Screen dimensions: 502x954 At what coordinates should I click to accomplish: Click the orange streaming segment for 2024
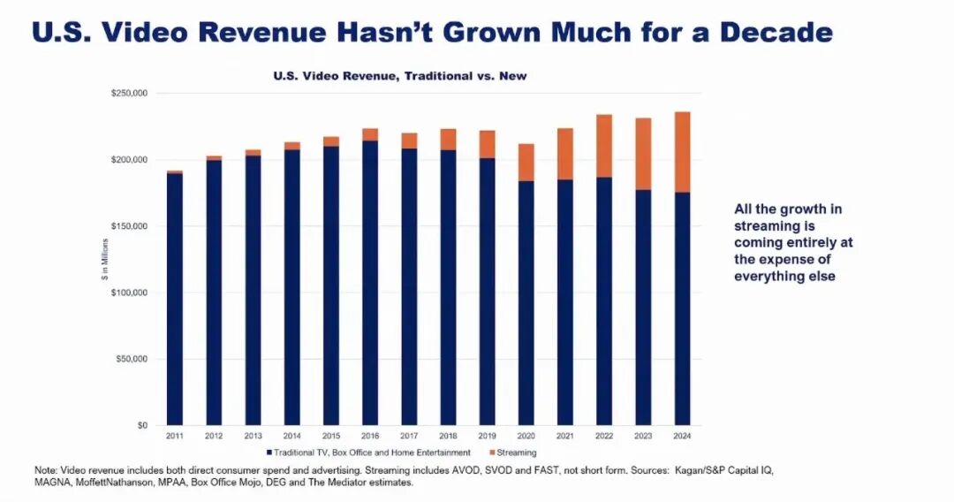(x=682, y=152)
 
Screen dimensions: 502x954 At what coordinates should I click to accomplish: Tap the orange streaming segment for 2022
(x=604, y=146)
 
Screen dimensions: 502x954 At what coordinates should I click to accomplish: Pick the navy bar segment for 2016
(x=370, y=283)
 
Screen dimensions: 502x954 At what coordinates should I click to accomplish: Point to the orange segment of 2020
(x=526, y=163)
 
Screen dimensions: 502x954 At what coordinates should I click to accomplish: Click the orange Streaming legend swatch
(x=503, y=453)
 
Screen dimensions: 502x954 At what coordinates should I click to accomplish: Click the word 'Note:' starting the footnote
(x=44, y=470)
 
